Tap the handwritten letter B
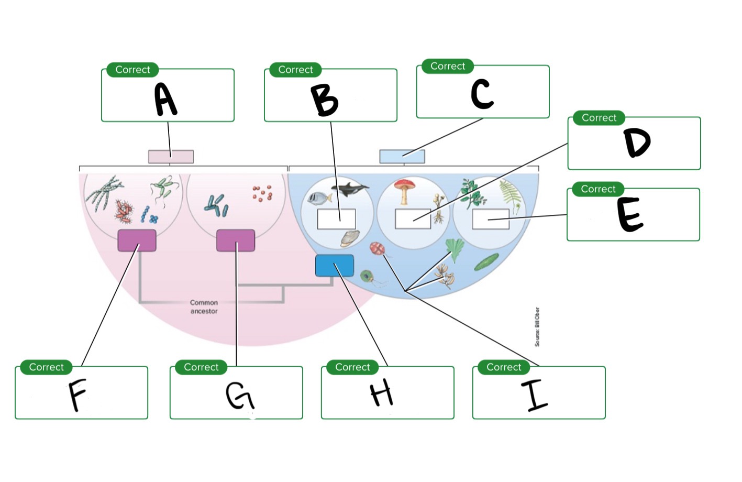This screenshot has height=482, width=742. point(324,101)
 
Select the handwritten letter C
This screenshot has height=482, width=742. point(482,94)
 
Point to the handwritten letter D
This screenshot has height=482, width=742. point(637,143)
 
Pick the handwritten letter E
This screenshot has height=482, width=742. point(629,214)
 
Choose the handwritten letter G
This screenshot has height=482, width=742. point(240,396)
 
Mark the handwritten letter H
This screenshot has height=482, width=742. point(381,393)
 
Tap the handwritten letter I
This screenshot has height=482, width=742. point(534,395)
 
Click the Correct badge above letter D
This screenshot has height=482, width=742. point(599,118)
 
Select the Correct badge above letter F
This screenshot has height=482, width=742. point(46,367)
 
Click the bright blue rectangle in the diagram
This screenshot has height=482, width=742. point(334,266)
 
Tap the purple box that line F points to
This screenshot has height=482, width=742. point(137,240)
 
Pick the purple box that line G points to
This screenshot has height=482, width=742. point(236,240)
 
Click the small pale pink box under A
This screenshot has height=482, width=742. point(171,156)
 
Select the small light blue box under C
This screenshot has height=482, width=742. point(402,156)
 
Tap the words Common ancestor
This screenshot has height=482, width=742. point(204,307)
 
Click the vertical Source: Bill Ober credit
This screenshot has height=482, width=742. point(537,327)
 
